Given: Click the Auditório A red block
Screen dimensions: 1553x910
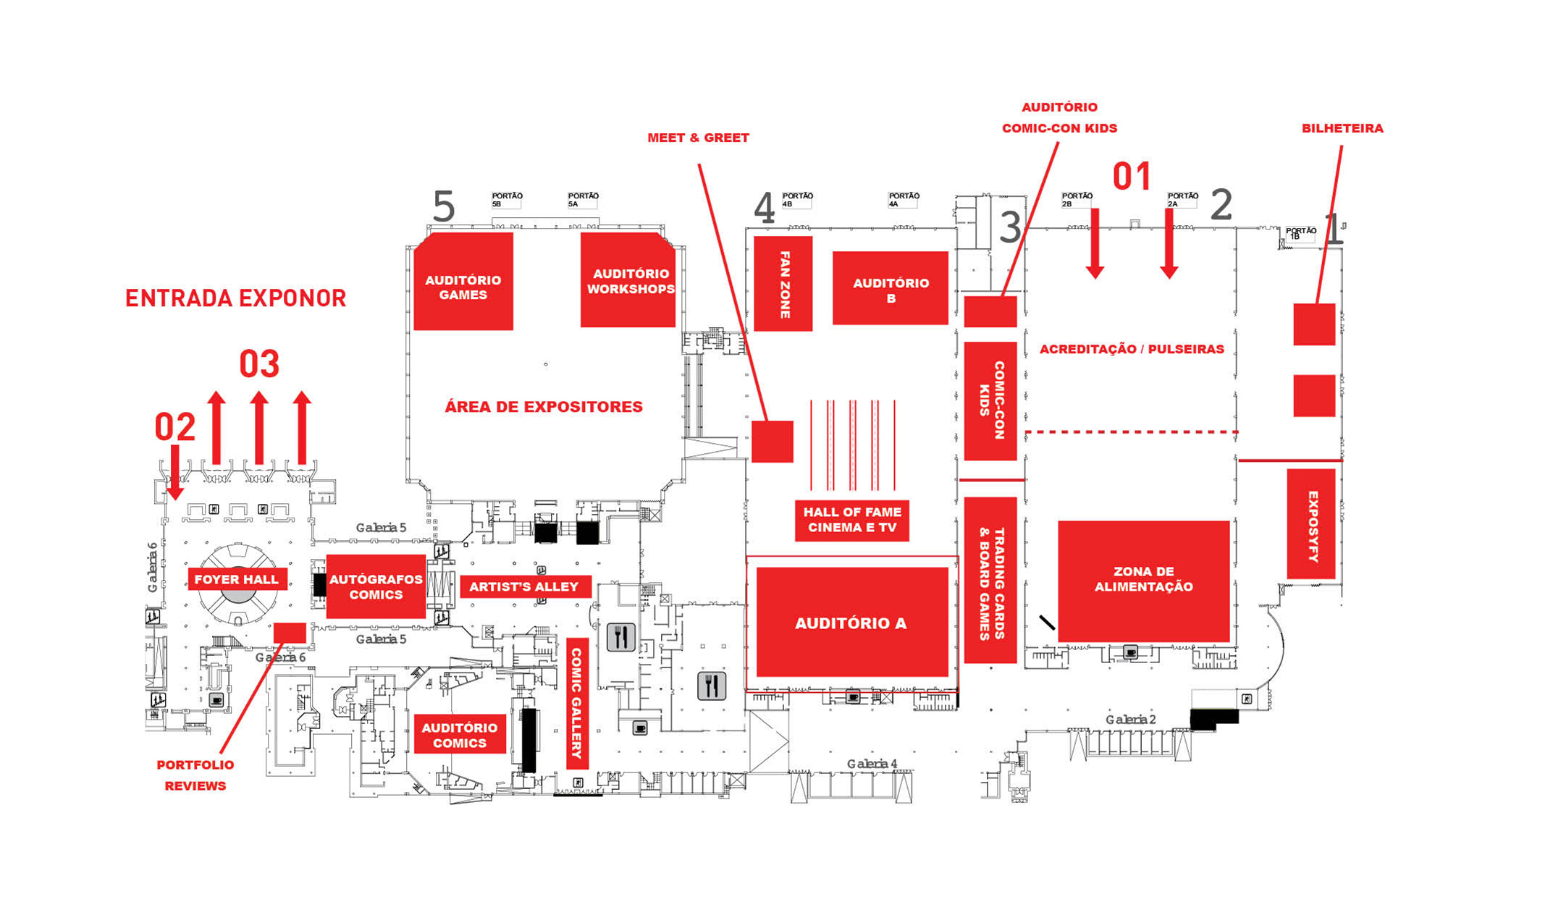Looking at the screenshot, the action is pos(852,622).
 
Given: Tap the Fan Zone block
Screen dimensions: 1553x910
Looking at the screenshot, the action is pos(783,284).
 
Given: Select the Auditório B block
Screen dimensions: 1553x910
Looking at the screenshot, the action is pos(891,288).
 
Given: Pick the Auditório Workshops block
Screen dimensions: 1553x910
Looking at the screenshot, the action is pos(628,279).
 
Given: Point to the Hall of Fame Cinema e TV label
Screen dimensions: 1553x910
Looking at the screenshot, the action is pos(852,520).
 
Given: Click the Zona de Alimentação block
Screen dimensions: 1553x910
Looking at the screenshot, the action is pos(1144,581).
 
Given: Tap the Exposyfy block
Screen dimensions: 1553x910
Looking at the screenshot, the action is pos(1311,524).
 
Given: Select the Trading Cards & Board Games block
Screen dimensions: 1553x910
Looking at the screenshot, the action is pos(990,580).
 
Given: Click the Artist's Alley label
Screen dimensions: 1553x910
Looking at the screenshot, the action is pos(524,586).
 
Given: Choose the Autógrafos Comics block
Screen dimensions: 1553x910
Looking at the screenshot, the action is pos(376,586).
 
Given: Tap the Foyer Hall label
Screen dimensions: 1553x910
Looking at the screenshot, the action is pos(237,579).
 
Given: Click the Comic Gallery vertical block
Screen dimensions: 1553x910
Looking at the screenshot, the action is pos(577,703).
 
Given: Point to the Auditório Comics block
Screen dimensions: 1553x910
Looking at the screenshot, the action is pos(460,735).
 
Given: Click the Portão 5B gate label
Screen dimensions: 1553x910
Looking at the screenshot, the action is pos(507,200).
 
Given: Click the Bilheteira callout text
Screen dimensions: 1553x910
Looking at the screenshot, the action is pos(1342,128).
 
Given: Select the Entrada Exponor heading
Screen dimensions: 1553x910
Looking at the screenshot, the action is pos(236,298).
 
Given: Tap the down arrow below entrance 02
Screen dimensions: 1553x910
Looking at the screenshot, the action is pos(174,473).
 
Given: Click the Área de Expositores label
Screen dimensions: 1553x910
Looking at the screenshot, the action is pos(544,407).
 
